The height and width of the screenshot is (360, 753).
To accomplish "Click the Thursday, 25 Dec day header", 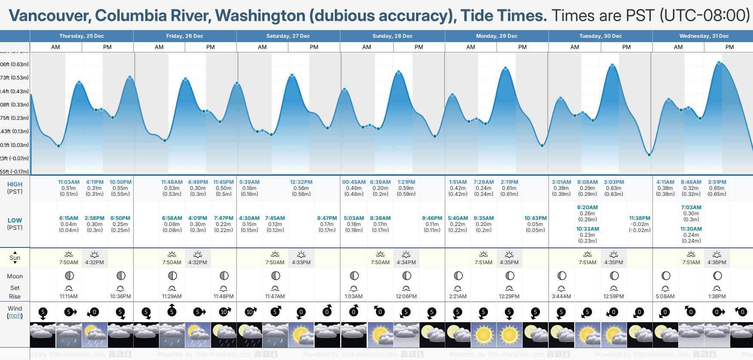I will pyautogui.click(x=82, y=36).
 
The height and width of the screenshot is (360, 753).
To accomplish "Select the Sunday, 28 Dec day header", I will pyautogui.click(x=392, y=36).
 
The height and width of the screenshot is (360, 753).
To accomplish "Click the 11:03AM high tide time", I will pyautogui.click(x=69, y=182).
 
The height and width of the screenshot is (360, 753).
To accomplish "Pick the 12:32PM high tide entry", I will pyautogui.click(x=301, y=182).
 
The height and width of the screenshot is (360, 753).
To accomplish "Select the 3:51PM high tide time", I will pyautogui.click(x=717, y=182).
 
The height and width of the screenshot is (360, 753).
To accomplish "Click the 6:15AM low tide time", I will pyautogui.click(x=69, y=218).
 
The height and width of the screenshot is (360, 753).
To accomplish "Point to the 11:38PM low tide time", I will pyautogui.click(x=640, y=218).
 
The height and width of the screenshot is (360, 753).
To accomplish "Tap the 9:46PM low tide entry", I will pyautogui.click(x=432, y=218).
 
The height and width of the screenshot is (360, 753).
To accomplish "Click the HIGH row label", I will pyautogui.click(x=15, y=184).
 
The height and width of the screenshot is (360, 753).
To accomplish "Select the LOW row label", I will pyautogui.click(x=15, y=220).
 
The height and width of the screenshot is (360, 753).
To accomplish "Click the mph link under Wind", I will pyautogui.click(x=15, y=315).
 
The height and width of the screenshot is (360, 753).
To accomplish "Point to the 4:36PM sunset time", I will pyautogui.click(x=717, y=262).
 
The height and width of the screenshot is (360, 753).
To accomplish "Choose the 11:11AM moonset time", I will pyautogui.click(x=69, y=296).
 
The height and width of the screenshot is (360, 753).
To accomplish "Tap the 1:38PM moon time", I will pyautogui.click(x=717, y=296).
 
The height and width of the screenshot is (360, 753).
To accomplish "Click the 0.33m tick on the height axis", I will pyautogui.click(x=15, y=105).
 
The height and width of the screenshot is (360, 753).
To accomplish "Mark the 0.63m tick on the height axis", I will pyautogui.click(x=15, y=64).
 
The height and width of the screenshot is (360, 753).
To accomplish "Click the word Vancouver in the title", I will pyautogui.click(x=49, y=16).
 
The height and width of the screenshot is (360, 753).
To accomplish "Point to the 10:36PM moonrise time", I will pyautogui.click(x=120, y=296).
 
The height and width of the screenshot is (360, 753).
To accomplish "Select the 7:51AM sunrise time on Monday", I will pyautogui.click(x=484, y=262).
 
